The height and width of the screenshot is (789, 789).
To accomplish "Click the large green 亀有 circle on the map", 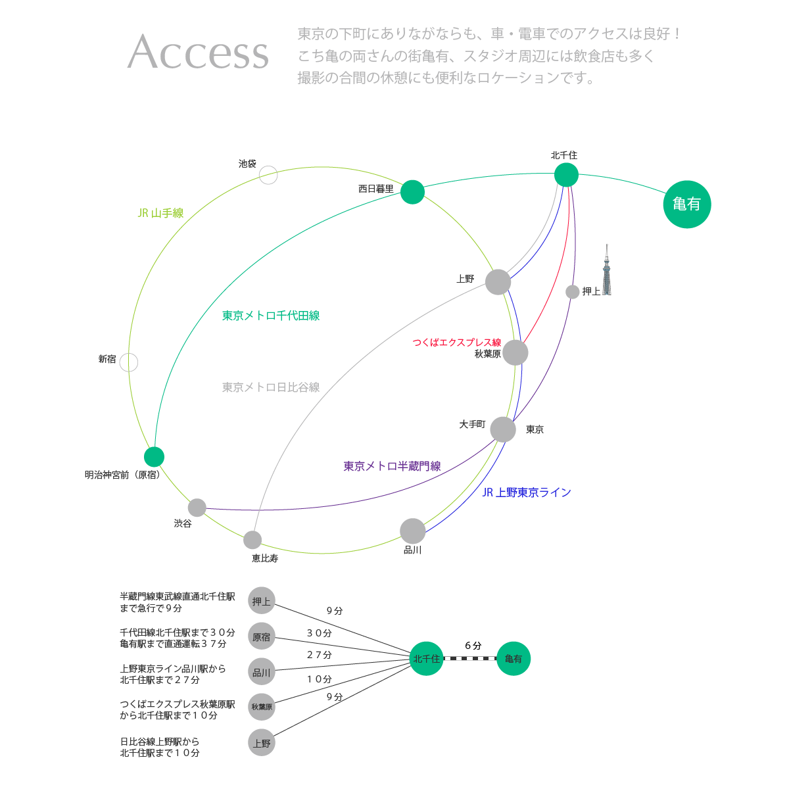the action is click(686, 204).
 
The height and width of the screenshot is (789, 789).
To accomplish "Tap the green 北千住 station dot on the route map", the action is click(566, 175).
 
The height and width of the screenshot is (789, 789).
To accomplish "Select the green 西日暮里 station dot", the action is click(412, 192).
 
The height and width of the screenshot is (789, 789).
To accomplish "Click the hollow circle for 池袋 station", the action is click(268, 176).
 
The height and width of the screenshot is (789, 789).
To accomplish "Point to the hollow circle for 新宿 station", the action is click(129, 362).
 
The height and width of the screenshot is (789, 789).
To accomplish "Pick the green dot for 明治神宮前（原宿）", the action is click(154, 457).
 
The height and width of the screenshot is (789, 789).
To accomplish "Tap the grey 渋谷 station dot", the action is click(197, 508).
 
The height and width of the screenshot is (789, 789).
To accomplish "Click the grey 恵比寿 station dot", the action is click(252, 540).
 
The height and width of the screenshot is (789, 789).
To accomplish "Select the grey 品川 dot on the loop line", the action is click(413, 531).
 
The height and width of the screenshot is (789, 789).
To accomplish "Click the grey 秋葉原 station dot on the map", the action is click(515, 352).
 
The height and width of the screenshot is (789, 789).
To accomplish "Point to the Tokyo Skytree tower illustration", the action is click(607, 270).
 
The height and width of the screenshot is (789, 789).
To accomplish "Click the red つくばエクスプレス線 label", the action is click(456, 343).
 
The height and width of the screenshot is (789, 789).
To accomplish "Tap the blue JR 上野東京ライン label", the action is click(527, 492).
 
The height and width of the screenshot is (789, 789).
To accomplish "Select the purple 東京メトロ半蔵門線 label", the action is click(392, 466).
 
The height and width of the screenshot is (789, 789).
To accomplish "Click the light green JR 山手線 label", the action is click(160, 213).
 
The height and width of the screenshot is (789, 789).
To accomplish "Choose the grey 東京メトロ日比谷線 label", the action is click(271, 387).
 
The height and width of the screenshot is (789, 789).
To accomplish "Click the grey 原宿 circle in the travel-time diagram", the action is click(261, 636).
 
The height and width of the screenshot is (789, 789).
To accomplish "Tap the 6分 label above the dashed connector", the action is click(473, 646).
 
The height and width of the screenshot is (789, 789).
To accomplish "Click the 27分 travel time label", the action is click(320, 655).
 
